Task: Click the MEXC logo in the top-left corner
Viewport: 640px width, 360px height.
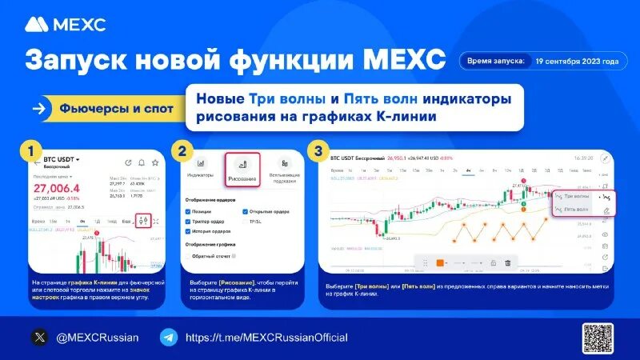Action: pos(65,25)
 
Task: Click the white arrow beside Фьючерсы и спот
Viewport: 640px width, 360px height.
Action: pos(38,109)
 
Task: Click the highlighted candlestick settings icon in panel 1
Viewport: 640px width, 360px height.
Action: pos(143,221)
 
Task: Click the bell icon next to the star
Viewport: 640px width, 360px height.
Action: pos(142,162)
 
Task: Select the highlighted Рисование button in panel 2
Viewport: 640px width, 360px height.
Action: pos(242,170)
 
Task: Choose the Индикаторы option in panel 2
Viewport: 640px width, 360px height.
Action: pos(200,168)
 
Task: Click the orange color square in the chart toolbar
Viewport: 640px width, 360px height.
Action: pos(439,262)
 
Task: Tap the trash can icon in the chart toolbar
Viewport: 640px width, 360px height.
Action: pos(506,262)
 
